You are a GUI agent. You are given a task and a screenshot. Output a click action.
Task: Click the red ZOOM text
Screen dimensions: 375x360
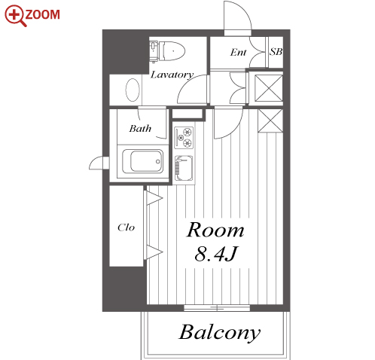point(43,14)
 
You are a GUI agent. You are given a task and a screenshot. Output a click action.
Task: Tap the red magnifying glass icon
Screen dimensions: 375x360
point(15,16)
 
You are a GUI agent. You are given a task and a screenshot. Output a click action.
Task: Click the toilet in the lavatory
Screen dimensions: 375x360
point(168,51)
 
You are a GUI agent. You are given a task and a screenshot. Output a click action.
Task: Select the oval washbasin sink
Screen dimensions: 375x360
point(133,90)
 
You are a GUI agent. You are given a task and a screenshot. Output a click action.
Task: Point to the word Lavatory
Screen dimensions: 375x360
point(172,75)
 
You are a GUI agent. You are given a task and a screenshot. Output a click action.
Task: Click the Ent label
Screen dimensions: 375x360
point(238,52)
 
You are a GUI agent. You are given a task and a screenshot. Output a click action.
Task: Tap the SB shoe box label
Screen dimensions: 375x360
point(276,52)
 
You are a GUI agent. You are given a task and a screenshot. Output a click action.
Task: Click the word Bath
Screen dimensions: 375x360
point(140,129)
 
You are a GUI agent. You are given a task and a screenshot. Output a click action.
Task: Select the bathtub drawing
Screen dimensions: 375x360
point(142,161)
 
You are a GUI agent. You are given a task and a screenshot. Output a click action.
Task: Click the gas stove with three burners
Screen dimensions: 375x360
point(184,138)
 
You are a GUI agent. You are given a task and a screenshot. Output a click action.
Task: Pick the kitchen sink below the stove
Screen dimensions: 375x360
point(184,168)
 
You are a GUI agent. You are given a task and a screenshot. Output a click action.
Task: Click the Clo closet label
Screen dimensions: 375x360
point(126,227)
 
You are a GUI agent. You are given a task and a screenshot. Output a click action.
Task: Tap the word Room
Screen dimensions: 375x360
point(215,230)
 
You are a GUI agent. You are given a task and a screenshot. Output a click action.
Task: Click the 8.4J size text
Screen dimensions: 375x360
point(215,254)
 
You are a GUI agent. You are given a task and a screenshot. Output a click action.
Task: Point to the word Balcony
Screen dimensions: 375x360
point(220,333)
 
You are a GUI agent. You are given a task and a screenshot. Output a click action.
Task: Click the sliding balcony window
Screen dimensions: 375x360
point(217,308)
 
